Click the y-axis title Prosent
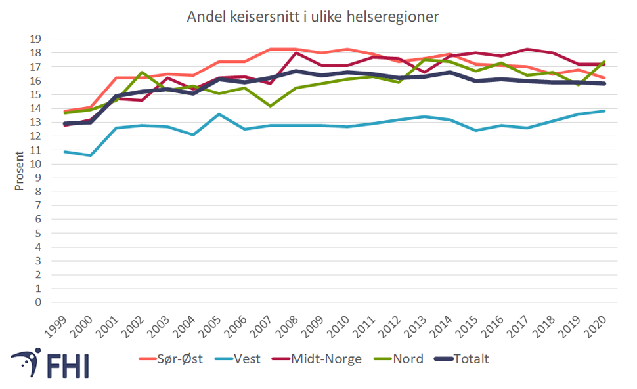[x=19, y=169]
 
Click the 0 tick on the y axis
[x=39, y=302]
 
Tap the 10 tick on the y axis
[x=36, y=164]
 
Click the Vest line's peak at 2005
[x=219, y=114]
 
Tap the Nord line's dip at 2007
[x=270, y=106]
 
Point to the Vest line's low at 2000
[x=90, y=155]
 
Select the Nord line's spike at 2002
[x=142, y=72]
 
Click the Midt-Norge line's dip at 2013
[x=424, y=73]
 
